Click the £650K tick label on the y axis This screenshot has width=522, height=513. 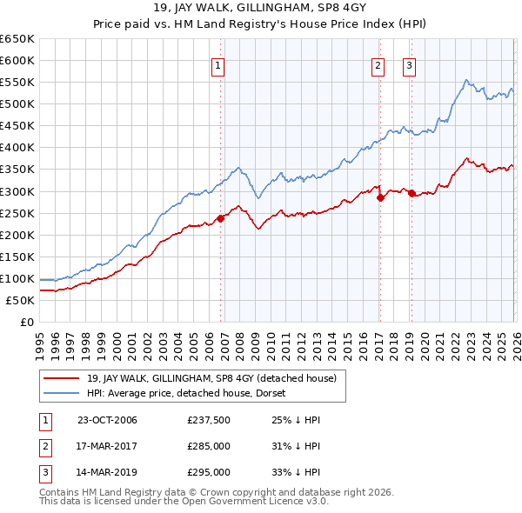point(17,39)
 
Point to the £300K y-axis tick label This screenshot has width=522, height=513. point(17,191)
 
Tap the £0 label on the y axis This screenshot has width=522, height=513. point(26,323)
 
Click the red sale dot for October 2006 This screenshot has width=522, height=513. point(221,218)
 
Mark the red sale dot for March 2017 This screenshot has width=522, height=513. point(380,197)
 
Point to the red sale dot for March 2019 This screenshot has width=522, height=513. point(411,193)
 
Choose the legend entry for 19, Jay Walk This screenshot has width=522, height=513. point(217,378)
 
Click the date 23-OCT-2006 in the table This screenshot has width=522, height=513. point(107,420)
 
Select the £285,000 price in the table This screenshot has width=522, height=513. point(209,446)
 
